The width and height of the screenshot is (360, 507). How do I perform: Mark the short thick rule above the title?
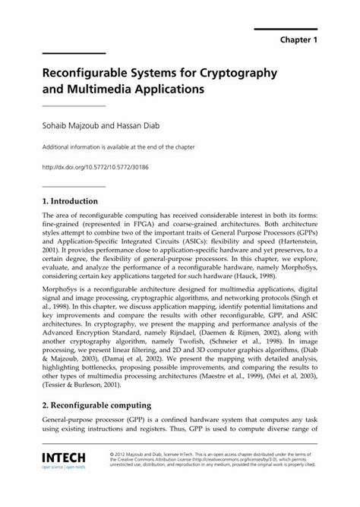click(x=73, y=53)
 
